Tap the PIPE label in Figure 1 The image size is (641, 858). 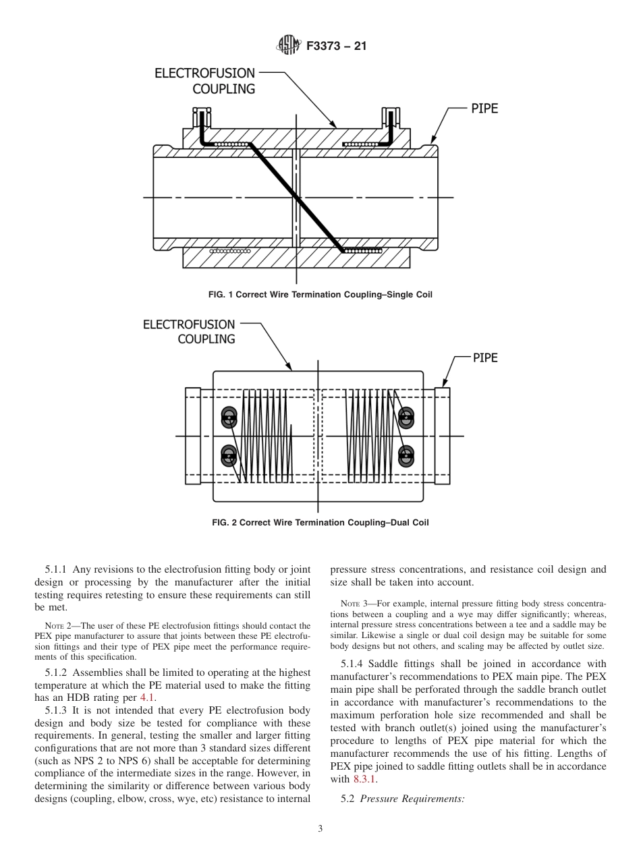tap(484, 108)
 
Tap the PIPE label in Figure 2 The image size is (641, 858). tap(484, 358)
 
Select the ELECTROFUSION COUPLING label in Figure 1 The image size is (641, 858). tap(205, 81)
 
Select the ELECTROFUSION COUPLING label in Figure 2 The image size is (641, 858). tap(189, 332)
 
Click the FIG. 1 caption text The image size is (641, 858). tap(320, 295)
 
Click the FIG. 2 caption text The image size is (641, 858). tap(320, 522)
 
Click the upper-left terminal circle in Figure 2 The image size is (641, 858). tap(229, 418)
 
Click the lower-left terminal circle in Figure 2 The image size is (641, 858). tap(229, 456)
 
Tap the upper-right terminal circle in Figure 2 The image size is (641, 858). tap(406, 418)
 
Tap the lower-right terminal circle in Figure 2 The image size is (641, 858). tap(406, 456)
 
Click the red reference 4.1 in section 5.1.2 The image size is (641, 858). tap(147, 698)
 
